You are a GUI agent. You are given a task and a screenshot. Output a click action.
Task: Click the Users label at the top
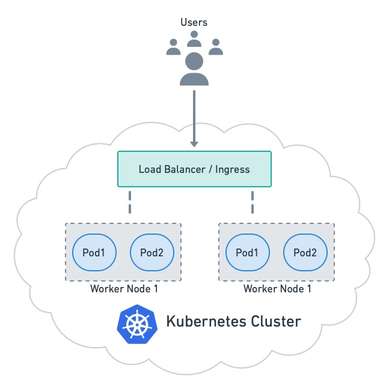(x=194, y=23)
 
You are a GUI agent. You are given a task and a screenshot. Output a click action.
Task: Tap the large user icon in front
(x=194, y=68)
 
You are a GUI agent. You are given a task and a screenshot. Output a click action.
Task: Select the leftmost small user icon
(x=173, y=47)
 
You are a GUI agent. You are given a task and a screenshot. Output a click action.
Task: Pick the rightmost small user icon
(x=215, y=47)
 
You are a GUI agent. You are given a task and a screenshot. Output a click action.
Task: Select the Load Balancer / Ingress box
(x=194, y=169)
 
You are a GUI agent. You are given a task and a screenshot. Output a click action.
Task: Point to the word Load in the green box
(x=150, y=169)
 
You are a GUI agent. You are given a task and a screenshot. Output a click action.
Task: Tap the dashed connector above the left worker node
(x=129, y=202)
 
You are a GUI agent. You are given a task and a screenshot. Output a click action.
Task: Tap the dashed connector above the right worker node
(x=252, y=202)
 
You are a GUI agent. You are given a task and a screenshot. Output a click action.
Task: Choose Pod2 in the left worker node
(x=152, y=253)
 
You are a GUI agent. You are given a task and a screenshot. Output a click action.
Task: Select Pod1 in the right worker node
(x=247, y=253)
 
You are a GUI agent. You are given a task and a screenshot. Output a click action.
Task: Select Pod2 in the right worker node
(x=305, y=253)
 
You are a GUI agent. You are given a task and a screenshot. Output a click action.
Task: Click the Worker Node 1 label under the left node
(x=124, y=289)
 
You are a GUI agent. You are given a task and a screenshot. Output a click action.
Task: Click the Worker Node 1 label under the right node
(x=277, y=289)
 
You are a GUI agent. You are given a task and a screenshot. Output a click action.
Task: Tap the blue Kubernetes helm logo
(x=137, y=322)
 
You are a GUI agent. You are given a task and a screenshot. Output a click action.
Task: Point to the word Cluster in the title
(x=274, y=321)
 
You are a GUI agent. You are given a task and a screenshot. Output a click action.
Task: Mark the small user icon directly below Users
(x=194, y=39)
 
